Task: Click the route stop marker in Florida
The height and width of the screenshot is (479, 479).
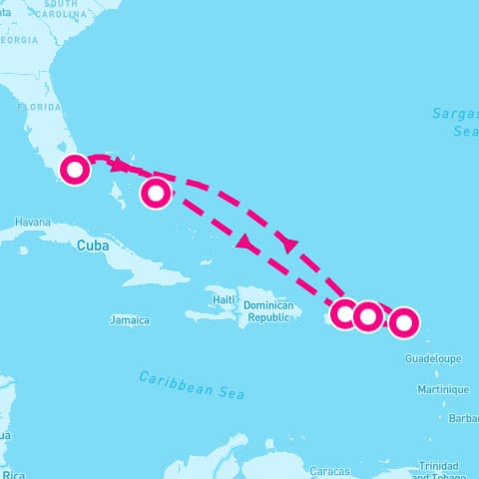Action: (x=74, y=170)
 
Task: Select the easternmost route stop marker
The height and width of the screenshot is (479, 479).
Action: (x=403, y=322)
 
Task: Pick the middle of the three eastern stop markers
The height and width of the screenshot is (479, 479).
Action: (x=367, y=316)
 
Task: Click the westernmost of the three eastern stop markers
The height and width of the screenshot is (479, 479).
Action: (x=344, y=314)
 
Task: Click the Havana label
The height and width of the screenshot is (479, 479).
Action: (x=33, y=222)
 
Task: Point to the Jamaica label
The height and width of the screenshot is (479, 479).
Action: (x=130, y=320)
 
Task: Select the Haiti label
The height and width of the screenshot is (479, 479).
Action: (x=223, y=299)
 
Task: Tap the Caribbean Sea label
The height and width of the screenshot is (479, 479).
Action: (x=191, y=384)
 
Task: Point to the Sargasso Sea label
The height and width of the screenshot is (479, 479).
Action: (x=456, y=122)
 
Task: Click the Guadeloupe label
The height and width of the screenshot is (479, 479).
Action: (x=433, y=357)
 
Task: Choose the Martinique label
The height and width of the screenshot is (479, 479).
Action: (x=443, y=388)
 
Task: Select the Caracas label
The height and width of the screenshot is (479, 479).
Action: (x=328, y=470)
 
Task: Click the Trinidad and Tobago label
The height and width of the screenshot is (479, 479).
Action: (x=438, y=470)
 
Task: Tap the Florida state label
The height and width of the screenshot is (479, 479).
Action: (x=39, y=106)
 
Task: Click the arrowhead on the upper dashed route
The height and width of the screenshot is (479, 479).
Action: (x=289, y=242)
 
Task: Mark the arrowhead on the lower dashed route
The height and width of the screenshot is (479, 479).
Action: (x=242, y=242)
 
